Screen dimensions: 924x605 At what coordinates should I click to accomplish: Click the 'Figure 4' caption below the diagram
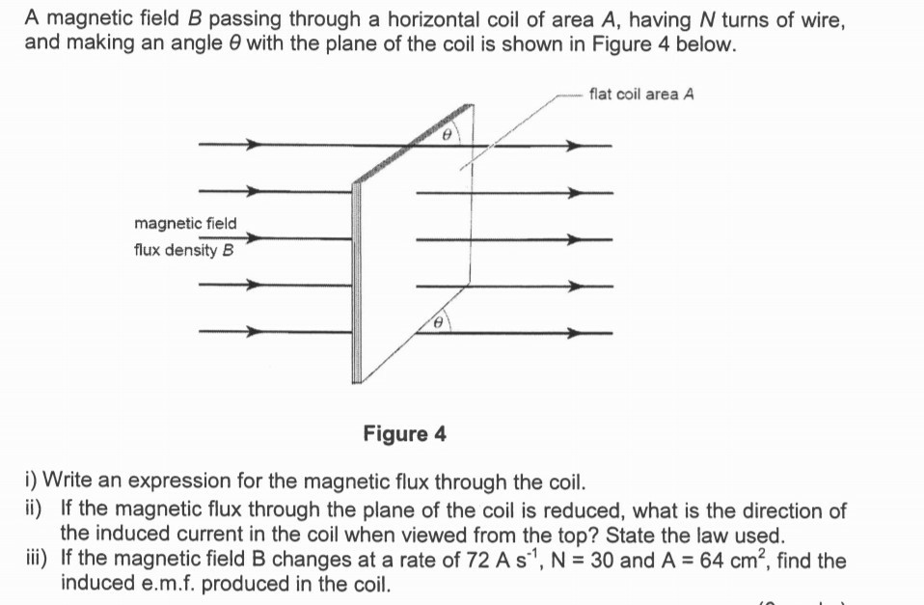(404, 433)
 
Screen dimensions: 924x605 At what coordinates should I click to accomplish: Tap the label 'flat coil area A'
(641, 94)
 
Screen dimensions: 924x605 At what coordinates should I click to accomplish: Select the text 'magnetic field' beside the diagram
(185, 224)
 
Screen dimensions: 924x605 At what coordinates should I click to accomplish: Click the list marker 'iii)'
(39, 559)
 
